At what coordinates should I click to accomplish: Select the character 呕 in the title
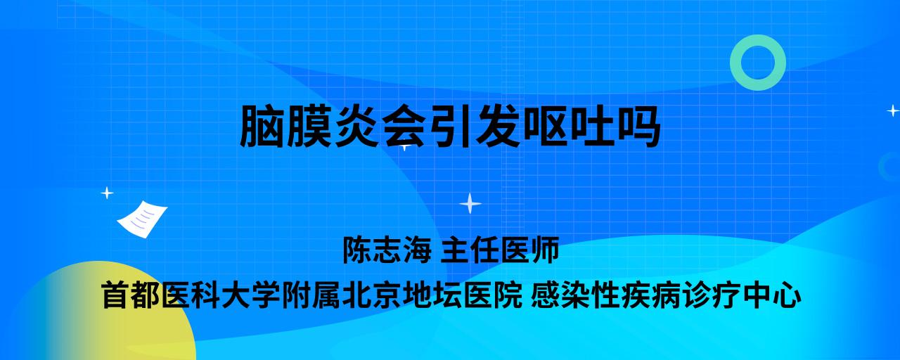(x=544, y=126)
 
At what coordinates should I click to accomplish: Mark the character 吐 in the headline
(x=591, y=126)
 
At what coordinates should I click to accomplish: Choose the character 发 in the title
(x=497, y=126)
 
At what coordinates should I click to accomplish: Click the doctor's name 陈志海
(x=387, y=250)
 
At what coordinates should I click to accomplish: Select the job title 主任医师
(x=500, y=250)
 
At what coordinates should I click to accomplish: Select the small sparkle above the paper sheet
(x=107, y=193)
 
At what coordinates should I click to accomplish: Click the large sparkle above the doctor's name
(x=470, y=203)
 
